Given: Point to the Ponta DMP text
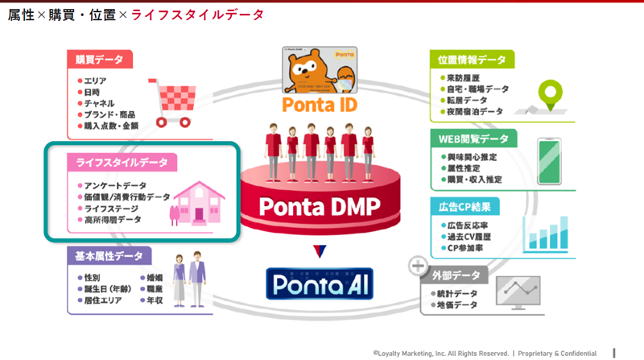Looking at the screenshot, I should pyautogui.click(x=319, y=206).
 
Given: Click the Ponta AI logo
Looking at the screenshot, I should pyautogui.click(x=320, y=284).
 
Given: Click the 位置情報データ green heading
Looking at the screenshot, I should pyautogui.click(x=473, y=60).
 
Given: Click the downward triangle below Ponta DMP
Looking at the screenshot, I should pyautogui.click(x=320, y=250).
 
